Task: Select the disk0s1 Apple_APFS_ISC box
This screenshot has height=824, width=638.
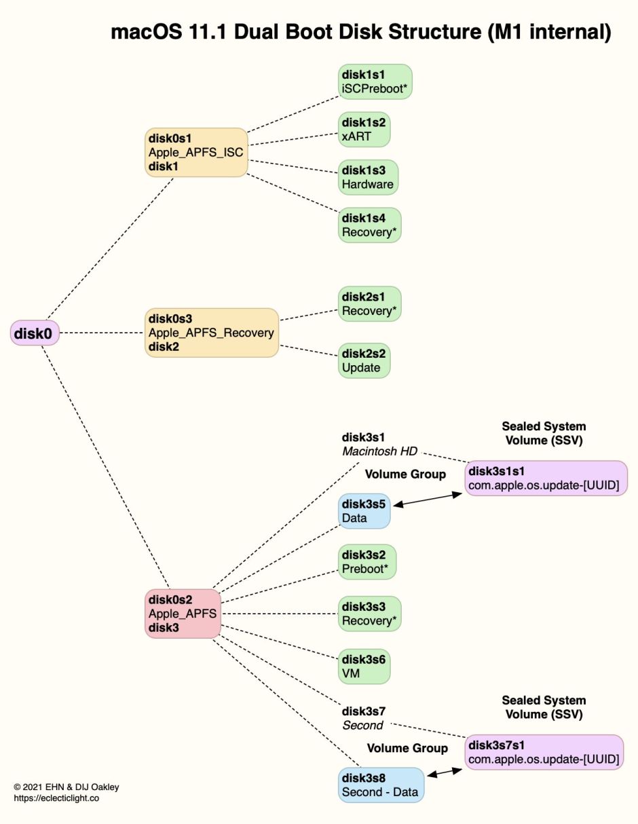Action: (195, 153)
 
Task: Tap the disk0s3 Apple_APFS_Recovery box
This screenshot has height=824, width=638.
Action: (212, 333)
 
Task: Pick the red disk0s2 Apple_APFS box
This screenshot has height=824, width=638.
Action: (183, 614)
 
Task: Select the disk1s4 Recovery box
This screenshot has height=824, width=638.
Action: (370, 225)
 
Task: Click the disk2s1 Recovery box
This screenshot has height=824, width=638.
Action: (370, 303)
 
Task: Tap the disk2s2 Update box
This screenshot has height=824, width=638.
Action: (364, 360)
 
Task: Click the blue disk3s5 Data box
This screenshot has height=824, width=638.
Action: (364, 511)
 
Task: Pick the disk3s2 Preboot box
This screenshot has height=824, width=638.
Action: (367, 562)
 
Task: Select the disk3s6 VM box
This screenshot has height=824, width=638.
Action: (364, 667)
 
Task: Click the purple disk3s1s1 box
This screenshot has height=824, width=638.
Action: (546, 479)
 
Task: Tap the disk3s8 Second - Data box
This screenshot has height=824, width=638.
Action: (381, 785)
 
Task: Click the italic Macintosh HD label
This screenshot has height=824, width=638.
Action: (379, 451)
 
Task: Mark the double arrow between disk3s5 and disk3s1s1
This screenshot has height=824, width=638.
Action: (428, 501)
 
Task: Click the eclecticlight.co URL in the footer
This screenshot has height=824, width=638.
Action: (56, 798)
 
